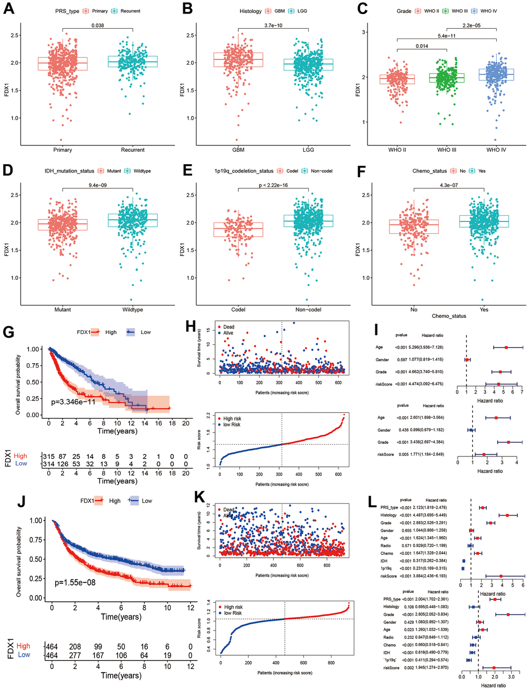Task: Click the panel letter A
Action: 8,9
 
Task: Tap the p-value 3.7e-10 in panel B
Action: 273,26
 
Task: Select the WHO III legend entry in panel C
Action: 456,11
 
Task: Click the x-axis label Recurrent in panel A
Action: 133,150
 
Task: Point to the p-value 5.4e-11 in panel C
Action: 446,36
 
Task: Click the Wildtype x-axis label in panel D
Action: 133,310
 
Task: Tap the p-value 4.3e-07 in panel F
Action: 449,186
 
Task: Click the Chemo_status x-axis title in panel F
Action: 449,316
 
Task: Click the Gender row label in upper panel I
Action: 382,360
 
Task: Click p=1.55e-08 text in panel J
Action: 75,583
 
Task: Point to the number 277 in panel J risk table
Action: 75,655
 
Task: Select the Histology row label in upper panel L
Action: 388,515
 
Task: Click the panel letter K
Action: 199,497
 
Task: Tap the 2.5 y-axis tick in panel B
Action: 191,35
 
